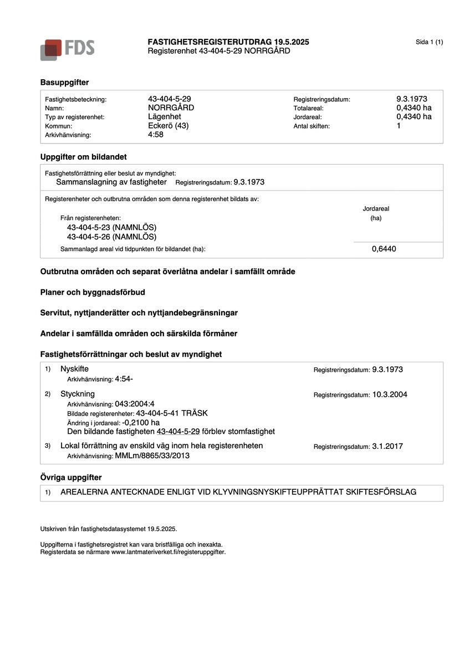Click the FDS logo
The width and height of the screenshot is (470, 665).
(x=67, y=49)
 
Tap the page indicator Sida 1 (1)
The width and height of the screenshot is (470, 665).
(x=429, y=42)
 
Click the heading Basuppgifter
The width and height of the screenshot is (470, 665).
(x=64, y=82)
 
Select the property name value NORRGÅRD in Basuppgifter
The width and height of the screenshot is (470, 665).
(x=171, y=108)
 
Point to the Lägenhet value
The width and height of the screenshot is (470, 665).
(x=164, y=116)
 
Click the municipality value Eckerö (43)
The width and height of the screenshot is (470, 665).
(x=168, y=125)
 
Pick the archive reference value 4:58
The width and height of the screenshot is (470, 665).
(x=156, y=134)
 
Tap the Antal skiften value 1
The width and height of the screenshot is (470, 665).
(x=399, y=125)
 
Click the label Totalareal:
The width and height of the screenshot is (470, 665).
(x=308, y=108)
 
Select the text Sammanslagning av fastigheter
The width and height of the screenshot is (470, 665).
(x=111, y=182)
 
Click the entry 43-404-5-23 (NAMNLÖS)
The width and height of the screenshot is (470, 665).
(x=111, y=228)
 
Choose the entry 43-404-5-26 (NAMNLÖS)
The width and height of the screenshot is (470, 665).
(x=111, y=237)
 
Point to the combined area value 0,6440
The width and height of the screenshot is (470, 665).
(x=384, y=249)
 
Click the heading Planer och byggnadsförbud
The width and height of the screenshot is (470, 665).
(x=93, y=292)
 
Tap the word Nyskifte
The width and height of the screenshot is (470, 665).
(x=74, y=369)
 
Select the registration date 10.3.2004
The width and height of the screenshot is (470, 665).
(x=390, y=395)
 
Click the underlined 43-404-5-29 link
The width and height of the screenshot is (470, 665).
(x=178, y=431)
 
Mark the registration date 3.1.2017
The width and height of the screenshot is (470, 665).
(x=387, y=446)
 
